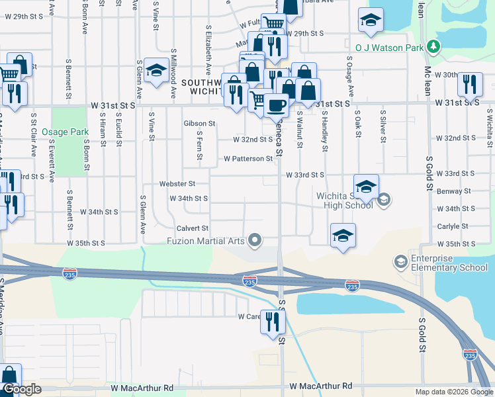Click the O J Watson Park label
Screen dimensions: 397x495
pyautogui.click(x=388, y=48)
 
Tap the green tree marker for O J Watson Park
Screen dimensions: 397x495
pyautogui.click(x=433, y=46)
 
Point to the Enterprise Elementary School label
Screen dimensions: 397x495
pyautogui.click(x=449, y=263)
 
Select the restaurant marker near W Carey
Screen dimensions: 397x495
pyautogui.click(x=272, y=322)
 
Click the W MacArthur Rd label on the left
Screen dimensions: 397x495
pyautogui.click(x=142, y=387)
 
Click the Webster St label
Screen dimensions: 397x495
pyautogui.click(x=177, y=183)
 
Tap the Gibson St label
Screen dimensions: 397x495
pyautogui.click(x=199, y=124)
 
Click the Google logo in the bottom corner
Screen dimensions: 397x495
pyautogui.click(x=22, y=389)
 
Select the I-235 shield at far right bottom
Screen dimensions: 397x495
pyautogui.click(x=470, y=355)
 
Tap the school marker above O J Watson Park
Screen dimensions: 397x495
pyautogui.click(x=371, y=21)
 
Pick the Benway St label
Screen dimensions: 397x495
pyautogui.click(x=457, y=191)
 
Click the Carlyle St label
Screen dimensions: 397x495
pyautogui.click(x=458, y=226)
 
